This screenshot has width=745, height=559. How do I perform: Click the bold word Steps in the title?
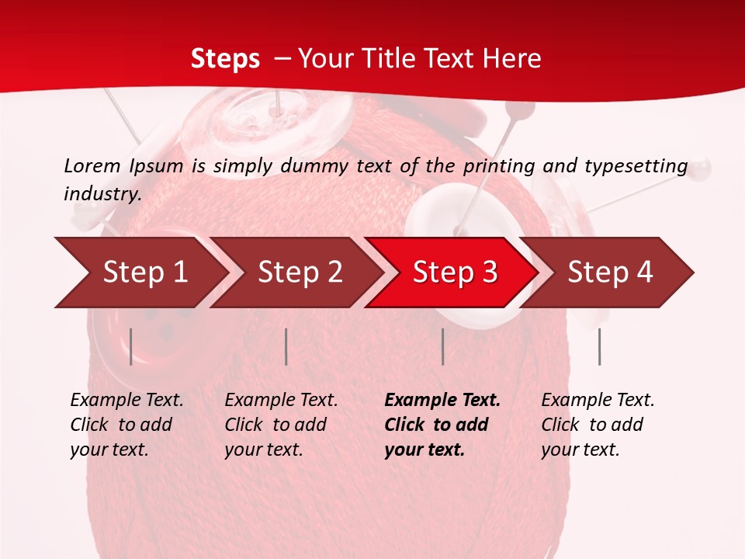click(225, 59)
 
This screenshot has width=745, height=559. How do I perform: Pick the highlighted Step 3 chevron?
click(455, 273)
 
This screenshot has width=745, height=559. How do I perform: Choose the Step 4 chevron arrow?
click(610, 273)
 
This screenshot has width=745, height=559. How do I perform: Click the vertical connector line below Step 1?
click(131, 346)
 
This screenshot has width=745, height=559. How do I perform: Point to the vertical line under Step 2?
click(286, 346)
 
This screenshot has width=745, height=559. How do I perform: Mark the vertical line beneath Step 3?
click(443, 346)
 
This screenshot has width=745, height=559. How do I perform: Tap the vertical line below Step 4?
click(599, 346)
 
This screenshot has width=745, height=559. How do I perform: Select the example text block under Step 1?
click(126, 425)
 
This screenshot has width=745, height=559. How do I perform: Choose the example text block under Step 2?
click(281, 425)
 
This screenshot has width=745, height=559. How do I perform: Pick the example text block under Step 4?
click(598, 425)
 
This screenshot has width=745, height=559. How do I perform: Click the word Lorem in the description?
click(92, 165)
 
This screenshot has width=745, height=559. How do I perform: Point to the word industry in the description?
click(102, 194)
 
